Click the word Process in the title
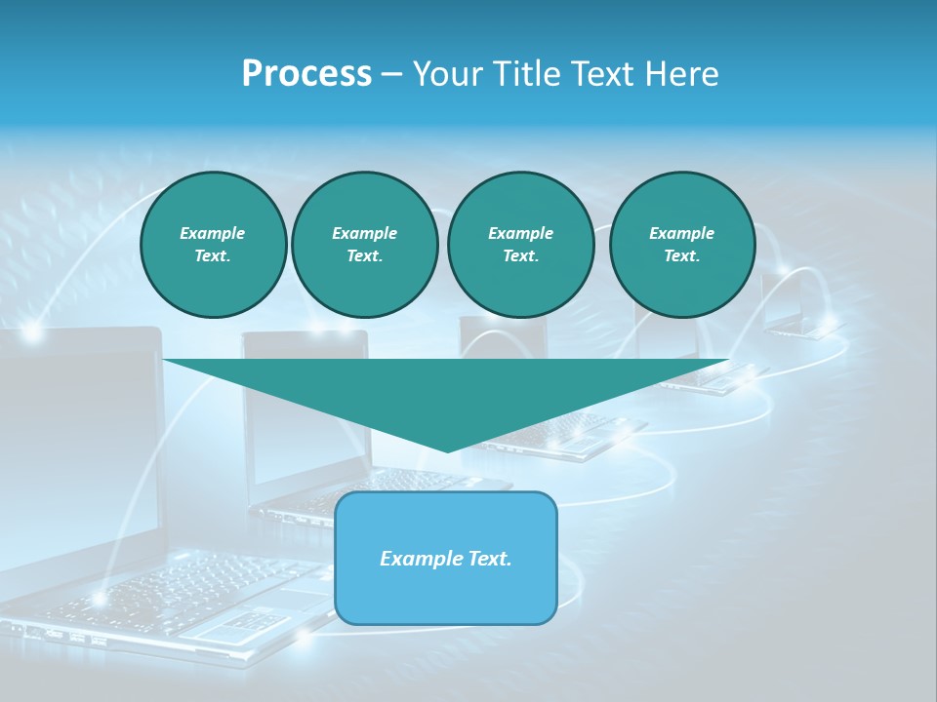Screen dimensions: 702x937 tap(306, 74)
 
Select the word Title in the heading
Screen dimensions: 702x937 tap(528, 74)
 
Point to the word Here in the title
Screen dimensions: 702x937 tap(682, 74)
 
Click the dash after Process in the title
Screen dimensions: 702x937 tap(391, 75)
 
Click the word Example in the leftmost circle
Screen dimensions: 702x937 tap(213, 233)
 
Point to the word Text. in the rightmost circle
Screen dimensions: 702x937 tap(681, 255)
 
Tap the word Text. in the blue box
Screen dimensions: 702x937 tap(490, 559)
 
